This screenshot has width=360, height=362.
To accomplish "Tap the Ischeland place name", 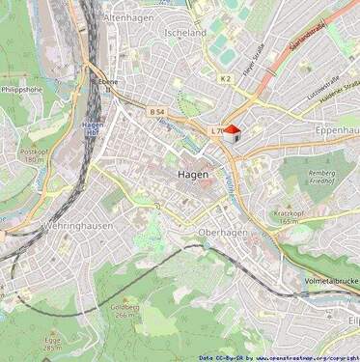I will point(186,32).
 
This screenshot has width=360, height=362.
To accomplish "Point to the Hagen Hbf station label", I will point(94,128).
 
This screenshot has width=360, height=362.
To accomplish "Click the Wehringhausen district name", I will point(78,226).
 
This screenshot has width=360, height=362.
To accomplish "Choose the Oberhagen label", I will point(222,233).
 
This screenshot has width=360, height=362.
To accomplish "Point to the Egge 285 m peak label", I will point(53,344).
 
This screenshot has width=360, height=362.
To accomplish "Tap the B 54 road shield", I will point(157,113).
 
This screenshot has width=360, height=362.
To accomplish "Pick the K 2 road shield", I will point(225,78).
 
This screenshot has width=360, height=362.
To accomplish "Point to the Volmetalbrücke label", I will point(329,283).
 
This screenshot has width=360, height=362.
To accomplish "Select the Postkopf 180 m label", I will point(34,154).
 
